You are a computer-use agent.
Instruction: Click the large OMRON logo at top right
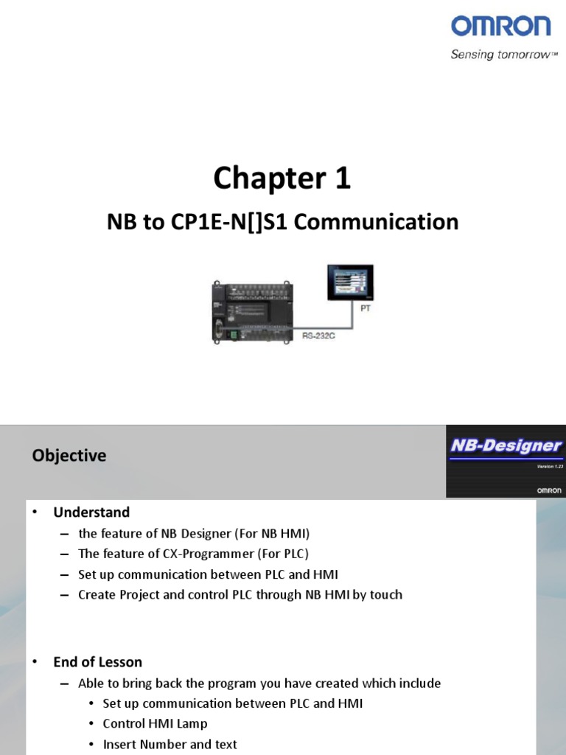pyautogui.click(x=500, y=27)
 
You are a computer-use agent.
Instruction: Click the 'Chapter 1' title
pyautogui.click(x=282, y=178)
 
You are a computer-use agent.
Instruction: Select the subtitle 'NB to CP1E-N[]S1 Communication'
pyautogui.click(x=283, y=221)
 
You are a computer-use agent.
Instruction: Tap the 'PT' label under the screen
pyautogui.click(x=366, y=309)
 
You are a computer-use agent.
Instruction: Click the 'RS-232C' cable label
pyautogui.click(x=319, y=335)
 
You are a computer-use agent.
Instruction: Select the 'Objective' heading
pyautogui.click(x=69, y=456)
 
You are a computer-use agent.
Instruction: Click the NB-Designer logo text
pyautogui.click(x=506, y=445)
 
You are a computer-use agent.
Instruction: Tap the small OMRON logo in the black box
pyautogui.click(x=548, y=490)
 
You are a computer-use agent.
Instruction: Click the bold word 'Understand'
pyautogui.click(x=91, y=512)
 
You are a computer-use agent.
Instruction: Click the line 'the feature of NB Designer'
pyautogui.click(x=189, y=533)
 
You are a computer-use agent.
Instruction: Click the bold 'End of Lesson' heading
pyautogui.click(x=97, y=662)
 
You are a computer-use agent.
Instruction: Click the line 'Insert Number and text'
pyautogui.click(x=170, y=745)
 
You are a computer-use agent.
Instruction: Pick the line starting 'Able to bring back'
pyautogui.click(x=259, y=683)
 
